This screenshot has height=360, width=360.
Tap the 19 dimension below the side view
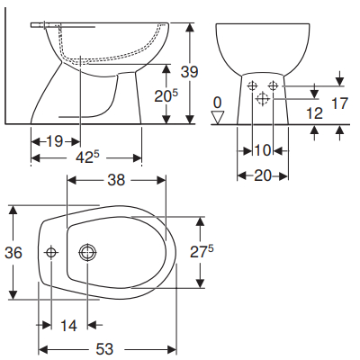[x=55, y=140]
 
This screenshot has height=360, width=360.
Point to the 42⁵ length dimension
[x=87, y=158]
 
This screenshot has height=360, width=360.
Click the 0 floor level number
[x=216, y=102]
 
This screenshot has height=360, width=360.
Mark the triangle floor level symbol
[x=216, y=117]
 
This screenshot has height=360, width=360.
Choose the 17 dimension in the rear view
[x=338, y=104]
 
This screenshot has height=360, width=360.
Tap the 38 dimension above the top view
[x=117, y=180]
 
